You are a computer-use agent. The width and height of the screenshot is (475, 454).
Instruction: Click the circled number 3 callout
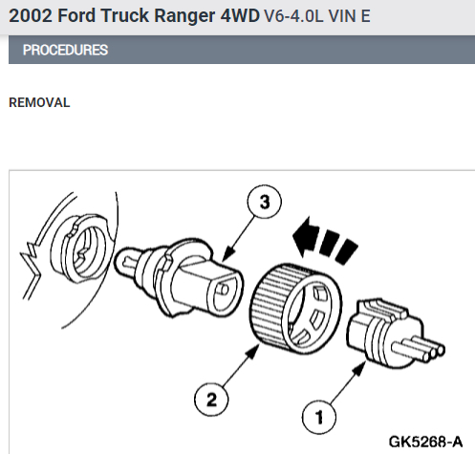pos(265,202)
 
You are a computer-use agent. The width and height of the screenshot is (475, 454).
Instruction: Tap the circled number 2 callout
pos(211,400)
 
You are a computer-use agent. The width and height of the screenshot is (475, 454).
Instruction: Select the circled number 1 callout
pos(319,417)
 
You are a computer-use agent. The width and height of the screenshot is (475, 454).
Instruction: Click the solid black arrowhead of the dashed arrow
pos(305,237)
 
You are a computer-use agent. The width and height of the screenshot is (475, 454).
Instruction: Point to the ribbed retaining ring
pos(295,309)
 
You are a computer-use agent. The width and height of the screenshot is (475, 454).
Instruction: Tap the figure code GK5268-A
pos(425,442)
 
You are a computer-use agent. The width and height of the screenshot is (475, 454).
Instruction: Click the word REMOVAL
pos(39,102)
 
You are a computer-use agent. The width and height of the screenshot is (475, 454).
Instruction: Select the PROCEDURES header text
pos(65,50)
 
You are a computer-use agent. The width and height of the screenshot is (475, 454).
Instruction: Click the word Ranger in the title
pos(184,15)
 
